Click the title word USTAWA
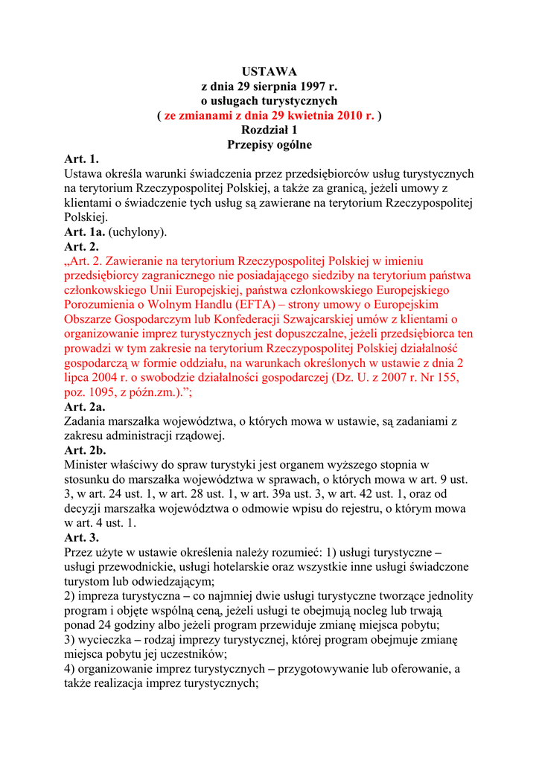point(269,71)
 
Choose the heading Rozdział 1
point(269,130)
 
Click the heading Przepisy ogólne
point(269,144)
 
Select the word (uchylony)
point(138,232)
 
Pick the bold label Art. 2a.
point(85,406)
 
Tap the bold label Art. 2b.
point(86,450)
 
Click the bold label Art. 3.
point(81,537)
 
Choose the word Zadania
point(86,421)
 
